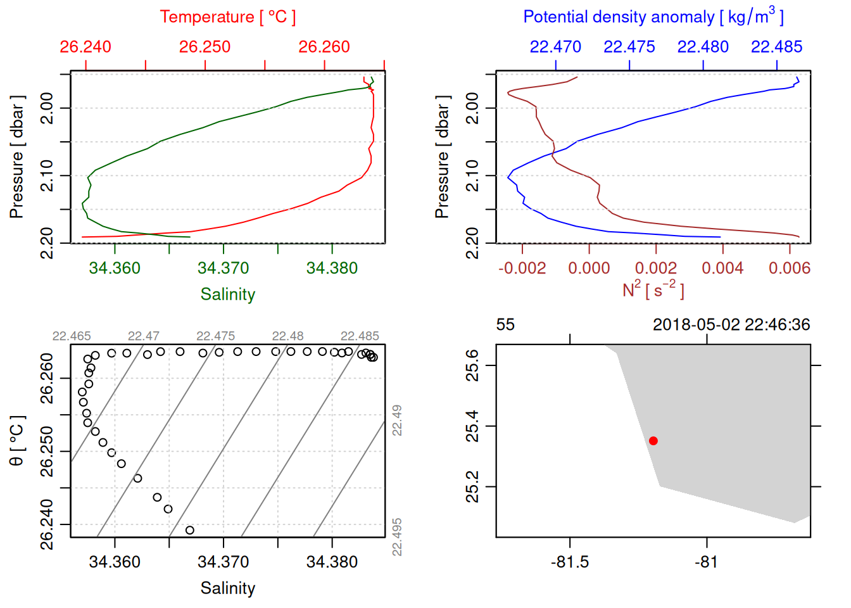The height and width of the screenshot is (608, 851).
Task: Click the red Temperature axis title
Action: (x=227, y=17)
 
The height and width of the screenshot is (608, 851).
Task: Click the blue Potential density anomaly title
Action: (x=653, y=16)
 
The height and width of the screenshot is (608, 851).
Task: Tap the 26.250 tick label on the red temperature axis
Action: (x=205, y=47)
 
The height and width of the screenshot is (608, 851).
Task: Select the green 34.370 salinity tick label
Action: (x=223, y=268)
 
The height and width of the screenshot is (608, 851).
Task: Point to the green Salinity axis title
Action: (x=227, y=294)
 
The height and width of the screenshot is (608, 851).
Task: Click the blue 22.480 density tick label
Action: (x=703, y=47)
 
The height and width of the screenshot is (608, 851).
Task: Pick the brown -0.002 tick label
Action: (x=522, y=268)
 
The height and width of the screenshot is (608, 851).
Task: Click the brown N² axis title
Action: (x=653, y=289)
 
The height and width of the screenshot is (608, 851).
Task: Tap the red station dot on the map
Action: (x=653, y=441)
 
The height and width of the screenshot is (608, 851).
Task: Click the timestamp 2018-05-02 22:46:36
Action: (x=731, y=325)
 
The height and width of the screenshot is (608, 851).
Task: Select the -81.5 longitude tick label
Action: (x=570, y=562)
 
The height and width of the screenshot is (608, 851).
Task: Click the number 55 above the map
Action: (x=505, y=325)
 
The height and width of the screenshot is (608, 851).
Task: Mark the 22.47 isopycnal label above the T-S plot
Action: (x=144, y=336)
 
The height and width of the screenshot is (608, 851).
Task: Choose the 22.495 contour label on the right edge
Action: (x=397, y=537)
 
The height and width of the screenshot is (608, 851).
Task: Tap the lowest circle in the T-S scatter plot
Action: (x=190, y=530)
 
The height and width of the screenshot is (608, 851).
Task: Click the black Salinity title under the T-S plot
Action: (x=227, y=588)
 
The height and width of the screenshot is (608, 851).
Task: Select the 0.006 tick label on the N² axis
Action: (x=789, y=268)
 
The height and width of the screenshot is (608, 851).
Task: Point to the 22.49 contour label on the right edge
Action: (x=397, y=421)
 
